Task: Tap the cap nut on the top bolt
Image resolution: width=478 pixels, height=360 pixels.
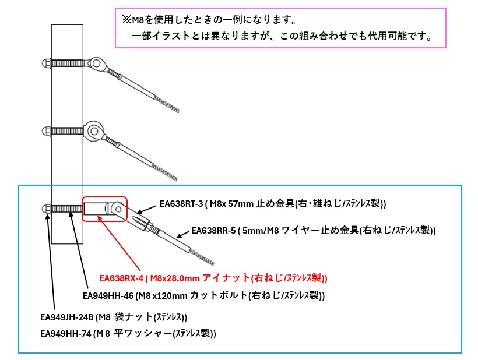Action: coord(46,63)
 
